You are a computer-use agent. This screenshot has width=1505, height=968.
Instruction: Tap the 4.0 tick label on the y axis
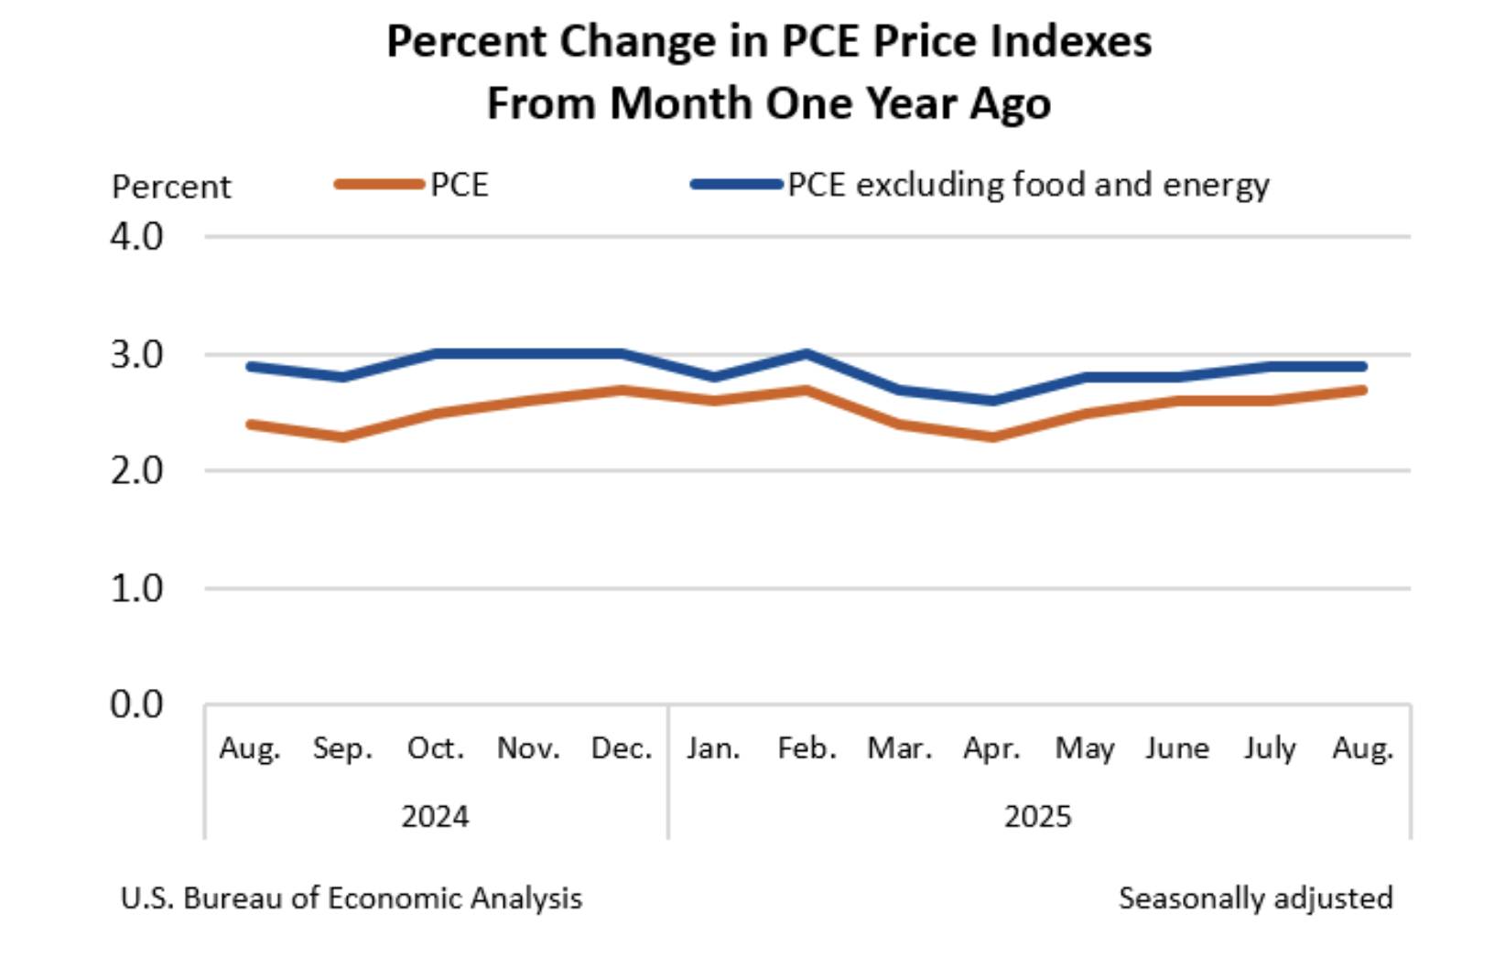coord(136,237)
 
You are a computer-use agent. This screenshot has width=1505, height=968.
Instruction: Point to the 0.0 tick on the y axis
coord(136,704)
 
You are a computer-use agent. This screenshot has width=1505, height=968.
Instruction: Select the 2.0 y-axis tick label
coord(136,471)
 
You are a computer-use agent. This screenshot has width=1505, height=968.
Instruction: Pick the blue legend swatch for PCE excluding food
coord(736,185)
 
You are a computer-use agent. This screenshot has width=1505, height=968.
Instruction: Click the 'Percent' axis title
coord(171,187)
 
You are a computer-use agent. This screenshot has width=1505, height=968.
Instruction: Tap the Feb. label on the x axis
coord(807,748)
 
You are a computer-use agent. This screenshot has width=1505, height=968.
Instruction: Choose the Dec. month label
coord(622,748)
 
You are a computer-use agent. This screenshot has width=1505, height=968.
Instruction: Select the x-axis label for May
coord(1085,749)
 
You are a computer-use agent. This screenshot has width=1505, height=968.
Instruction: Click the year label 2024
coord(435,816)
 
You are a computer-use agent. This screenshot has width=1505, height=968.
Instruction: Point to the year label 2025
coord(1037,816)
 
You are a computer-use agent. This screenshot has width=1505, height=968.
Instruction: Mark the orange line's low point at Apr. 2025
coord(992,436)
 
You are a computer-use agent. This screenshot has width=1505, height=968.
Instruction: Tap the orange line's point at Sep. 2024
coord(342,436)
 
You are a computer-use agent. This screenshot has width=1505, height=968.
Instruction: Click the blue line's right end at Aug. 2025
coord(1363,366)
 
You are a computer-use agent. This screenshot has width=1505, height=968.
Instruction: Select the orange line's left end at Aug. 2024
coord(250,425)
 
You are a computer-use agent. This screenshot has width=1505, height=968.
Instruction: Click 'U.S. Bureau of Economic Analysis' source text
coord(351,898)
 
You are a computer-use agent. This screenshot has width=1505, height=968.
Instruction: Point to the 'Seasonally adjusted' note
coord(1255,898)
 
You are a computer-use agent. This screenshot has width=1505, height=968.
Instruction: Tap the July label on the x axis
coord(1270,749)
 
